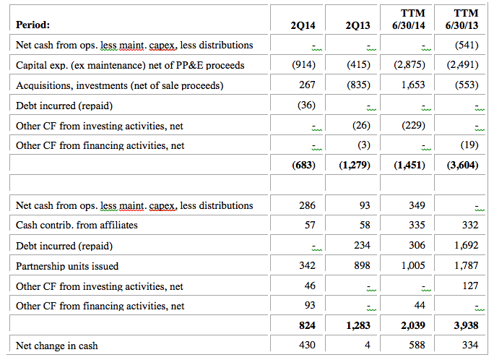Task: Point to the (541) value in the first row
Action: tap(467, 46)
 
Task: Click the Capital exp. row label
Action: tap(130, 65)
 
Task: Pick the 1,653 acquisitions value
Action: tap(413, 85)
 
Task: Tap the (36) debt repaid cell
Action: tap(306, 106)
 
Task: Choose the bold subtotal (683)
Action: tap(304, 165)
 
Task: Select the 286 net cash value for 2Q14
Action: tap(308, 205)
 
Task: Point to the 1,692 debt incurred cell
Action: tap(467, 245)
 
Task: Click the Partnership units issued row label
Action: tap(67, 266)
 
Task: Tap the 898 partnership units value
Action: tap(362, 265)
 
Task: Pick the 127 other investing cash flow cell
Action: tap(470, 286)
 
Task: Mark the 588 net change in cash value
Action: tap(417, 346)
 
